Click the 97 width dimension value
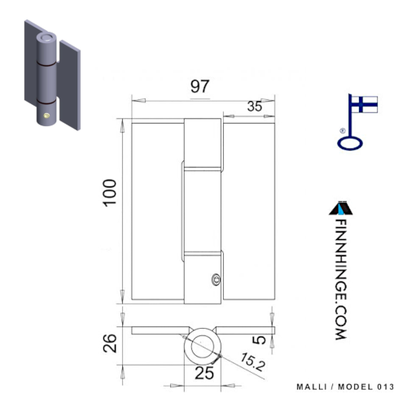pos(199,86)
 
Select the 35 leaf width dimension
pos(255,107)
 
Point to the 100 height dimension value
pos(110,193)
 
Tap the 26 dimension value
pos(110,343)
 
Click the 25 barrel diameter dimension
pos(204,373)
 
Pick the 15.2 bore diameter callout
pos(252,361)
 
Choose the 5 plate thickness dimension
pos(259,339)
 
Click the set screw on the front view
pos(216,279)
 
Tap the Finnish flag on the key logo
pos(365,104)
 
